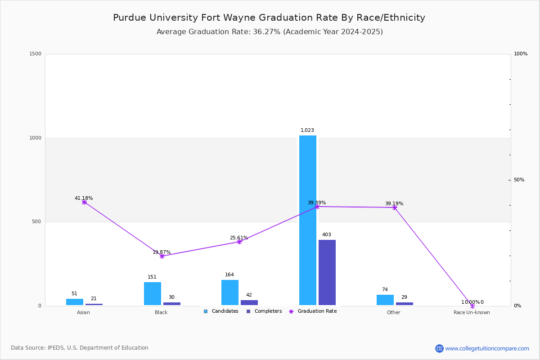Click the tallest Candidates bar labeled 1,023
point(308,220)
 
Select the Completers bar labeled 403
point(327,272)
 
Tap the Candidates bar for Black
point(153,293)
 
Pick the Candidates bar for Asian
point(75,302)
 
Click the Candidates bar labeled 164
point(230,292)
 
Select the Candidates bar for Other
point(385,300)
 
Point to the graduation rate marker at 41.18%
point(84,202)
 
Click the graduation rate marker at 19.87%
point(162,256)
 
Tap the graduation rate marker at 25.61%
point(239,242)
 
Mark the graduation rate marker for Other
point(395,207)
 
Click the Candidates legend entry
point(221,311)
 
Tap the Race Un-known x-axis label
point(472,312)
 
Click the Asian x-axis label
point(83,312)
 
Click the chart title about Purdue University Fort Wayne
point(269,18)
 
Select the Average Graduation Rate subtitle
point(270,32)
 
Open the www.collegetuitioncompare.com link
point(487,348)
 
